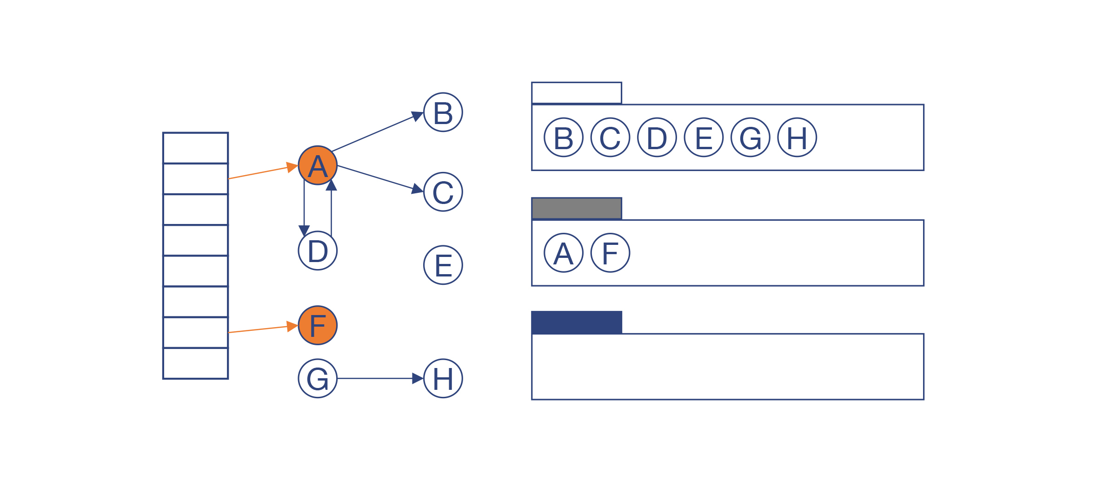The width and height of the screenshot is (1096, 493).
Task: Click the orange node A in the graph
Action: [x=318, y=165]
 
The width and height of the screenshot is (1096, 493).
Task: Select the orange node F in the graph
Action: [x=318, y=325]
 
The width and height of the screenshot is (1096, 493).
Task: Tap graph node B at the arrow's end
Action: [x=443, y=112]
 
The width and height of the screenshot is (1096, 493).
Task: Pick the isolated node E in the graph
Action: [x=443, y=265]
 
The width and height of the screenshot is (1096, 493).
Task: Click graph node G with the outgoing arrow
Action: [x=318, y=378]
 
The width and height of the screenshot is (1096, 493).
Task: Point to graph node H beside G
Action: [x=443, y=378]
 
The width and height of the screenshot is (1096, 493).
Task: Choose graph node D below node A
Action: [x=318, y=250]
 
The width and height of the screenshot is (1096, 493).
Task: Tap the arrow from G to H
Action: [x=377, y=378]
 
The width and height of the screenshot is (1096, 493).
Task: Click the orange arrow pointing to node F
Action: [x=260, y=329]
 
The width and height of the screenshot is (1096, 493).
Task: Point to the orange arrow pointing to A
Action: [x=260, y=172]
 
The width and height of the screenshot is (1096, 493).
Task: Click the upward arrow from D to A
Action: [x=331, y=209]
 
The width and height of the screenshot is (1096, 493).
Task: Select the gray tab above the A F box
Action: [x=577, y=208]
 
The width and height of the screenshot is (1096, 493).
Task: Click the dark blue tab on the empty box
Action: [x=577, y=322]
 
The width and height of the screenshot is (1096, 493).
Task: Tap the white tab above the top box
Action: [x=577, y=93]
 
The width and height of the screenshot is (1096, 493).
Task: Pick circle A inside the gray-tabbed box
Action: [x=564, y=253]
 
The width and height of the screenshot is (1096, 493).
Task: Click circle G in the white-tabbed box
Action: [x=751, y=138]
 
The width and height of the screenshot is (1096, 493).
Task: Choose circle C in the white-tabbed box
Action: [x=611, y=138]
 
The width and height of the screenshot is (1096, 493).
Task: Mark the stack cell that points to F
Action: [x=195, y=332]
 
